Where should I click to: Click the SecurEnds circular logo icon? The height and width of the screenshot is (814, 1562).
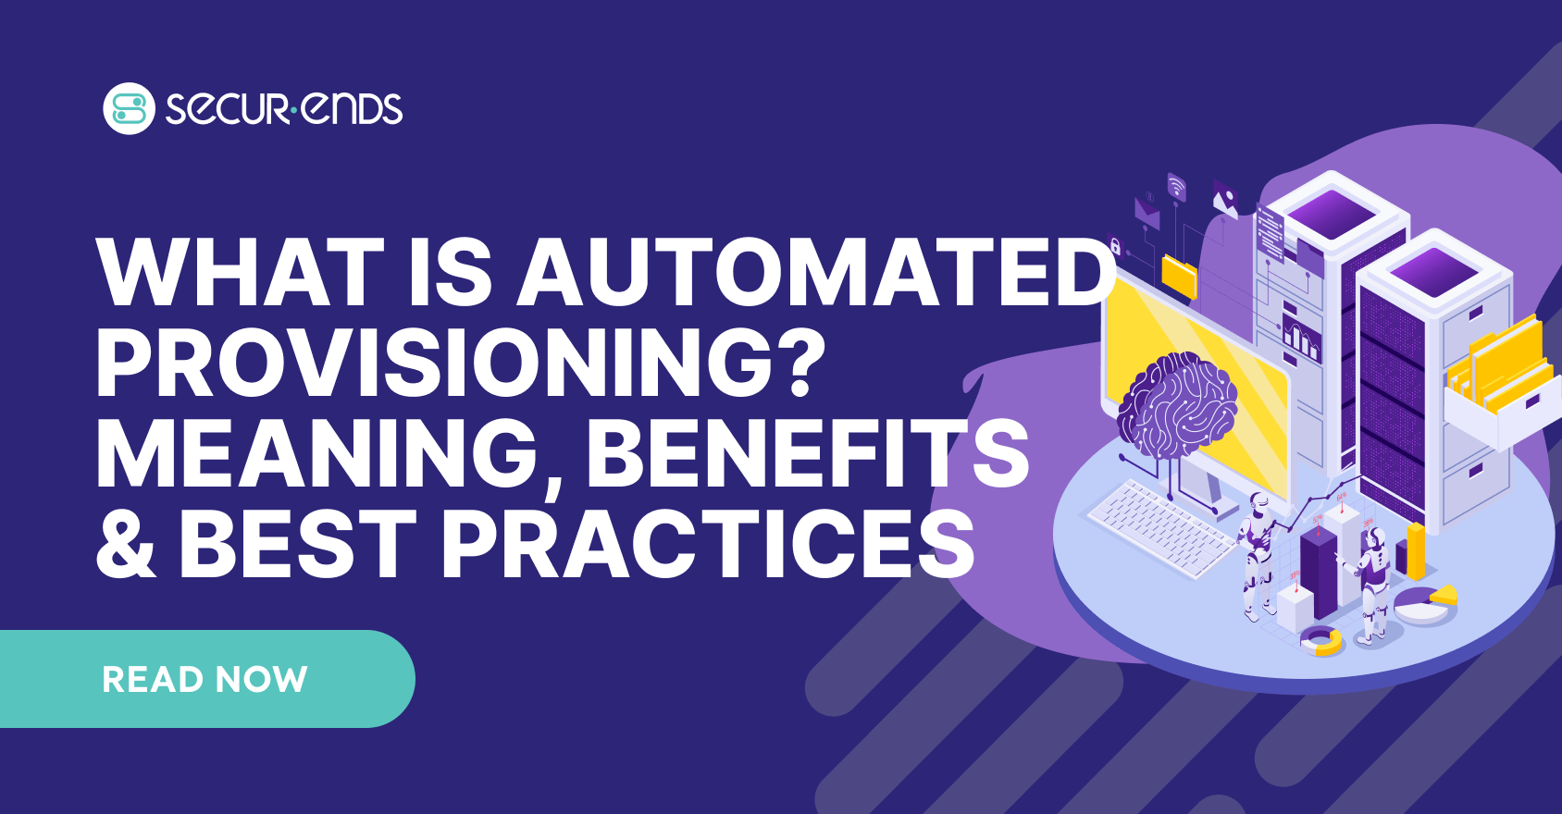pos(129,109)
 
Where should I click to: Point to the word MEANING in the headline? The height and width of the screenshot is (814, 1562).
pos(327,456)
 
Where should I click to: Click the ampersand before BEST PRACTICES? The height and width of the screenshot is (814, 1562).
pos(126,543)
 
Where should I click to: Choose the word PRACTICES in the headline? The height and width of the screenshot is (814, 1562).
pos(708,543)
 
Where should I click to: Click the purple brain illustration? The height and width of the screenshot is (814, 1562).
pos(1177,406)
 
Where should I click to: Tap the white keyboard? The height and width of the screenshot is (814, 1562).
pos(1162,527)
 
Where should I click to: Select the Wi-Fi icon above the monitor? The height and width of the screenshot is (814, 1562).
pos(1176,187)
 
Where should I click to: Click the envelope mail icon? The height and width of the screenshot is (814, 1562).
pos(1147,213)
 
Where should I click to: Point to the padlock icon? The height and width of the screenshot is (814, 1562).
pos(1115,246)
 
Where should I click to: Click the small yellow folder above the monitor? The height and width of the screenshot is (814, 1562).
pos(1179,277)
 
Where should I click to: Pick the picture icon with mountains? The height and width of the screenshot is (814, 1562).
pos(1224,199)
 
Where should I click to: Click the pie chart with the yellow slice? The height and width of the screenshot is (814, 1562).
pos(1425,603)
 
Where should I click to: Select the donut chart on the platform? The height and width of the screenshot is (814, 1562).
pos(1320,640)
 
